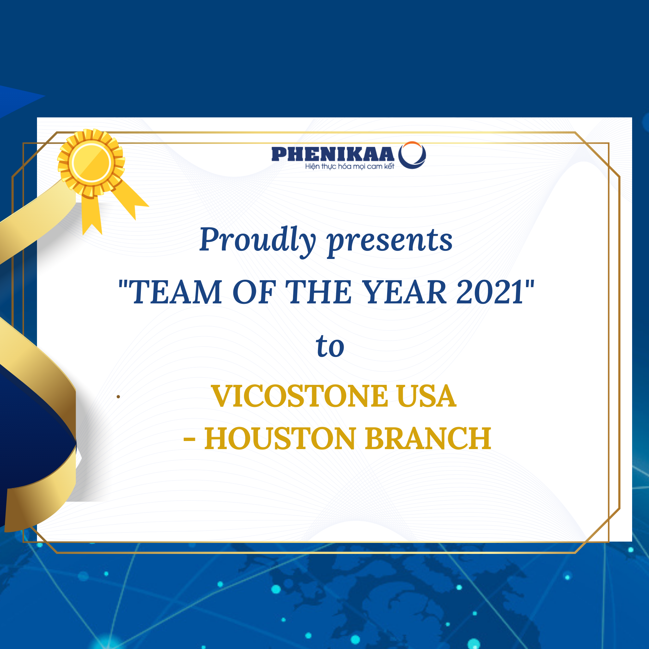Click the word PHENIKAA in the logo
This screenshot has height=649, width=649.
[x=333, y=154]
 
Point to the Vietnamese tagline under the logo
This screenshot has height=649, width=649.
[x=350, y=166]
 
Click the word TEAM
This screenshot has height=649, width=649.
[x=175, y=292]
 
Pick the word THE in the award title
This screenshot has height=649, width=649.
[x=318, y=292]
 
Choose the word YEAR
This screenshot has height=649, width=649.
[x=405, y=292]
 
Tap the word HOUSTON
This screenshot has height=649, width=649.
[x=280, y=438]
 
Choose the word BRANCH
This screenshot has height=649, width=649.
[x=428, y=438]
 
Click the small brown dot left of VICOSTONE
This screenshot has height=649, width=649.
[x=118, y=397]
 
